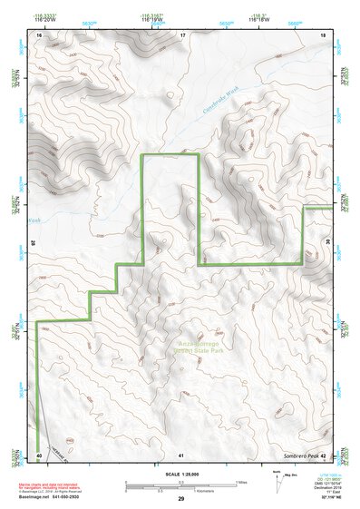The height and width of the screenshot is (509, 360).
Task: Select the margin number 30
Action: pos(328,243)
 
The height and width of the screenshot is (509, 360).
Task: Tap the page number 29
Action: pos(181,500)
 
